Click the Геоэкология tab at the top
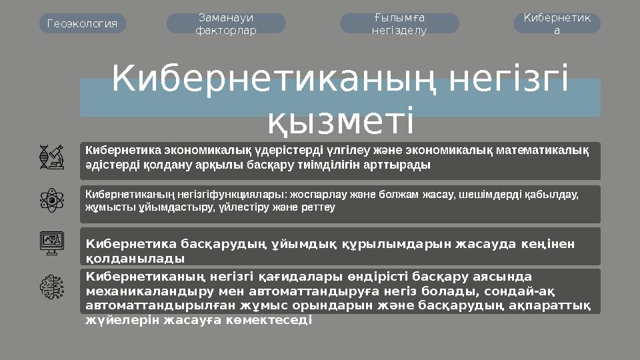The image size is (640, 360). (83, 24)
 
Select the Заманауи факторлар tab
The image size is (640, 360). (225, 24)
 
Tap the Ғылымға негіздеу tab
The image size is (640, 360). (399, 24)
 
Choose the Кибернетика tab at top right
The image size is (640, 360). (557, 24)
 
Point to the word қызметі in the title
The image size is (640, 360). (341, 121)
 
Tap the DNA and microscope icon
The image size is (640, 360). (51, 157)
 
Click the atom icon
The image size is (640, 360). (51, 200)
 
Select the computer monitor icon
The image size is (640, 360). (51, 243)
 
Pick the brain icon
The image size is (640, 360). (51, 287)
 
